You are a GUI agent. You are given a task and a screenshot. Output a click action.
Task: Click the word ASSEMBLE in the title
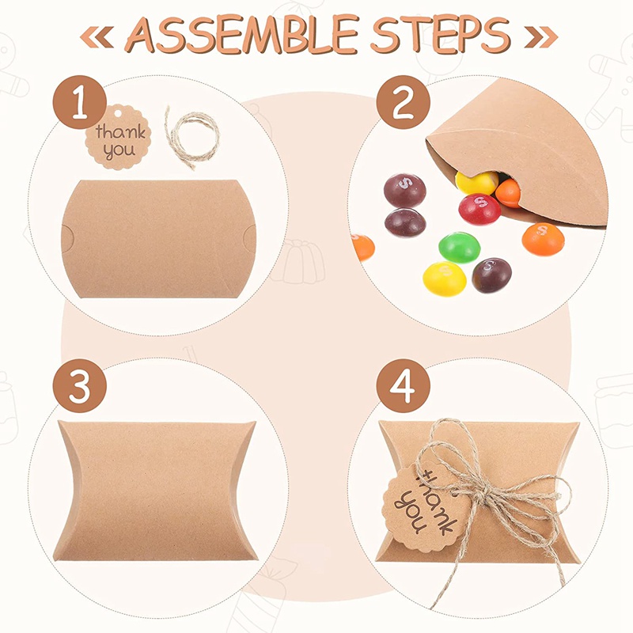click(x=241, y=34)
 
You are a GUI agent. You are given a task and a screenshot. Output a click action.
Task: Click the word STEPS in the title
click(x=441, y=34)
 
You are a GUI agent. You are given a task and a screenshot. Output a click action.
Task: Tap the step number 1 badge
click(x=80, y=102)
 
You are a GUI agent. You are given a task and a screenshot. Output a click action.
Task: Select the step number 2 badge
click(x=404, y=102)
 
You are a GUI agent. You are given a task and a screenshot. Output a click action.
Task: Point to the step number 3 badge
click(x=80, y=386)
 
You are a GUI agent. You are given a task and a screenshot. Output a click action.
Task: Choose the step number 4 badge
click(x=404, y=386)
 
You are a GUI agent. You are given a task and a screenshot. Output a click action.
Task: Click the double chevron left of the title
click(x=97, y=37)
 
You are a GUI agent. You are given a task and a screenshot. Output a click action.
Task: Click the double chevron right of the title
click(x=541, y=37)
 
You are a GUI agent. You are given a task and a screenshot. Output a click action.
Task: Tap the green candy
click(x=460, y=247)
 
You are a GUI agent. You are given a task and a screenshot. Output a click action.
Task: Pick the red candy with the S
click(x=479, y=209)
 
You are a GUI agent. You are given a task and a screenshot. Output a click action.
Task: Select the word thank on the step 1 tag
click(x=120, y=131)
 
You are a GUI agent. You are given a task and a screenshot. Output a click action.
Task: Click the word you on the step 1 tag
click(x=119, y=151)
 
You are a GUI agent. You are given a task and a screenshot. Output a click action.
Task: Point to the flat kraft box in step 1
click(x=159, y=239)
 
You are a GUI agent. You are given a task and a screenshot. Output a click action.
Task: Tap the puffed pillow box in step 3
click(x=155, y=491)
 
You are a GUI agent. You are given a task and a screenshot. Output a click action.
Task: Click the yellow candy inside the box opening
click(x=477, y=183)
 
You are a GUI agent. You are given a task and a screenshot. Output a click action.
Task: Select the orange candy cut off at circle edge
click(x=362, y=248)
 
